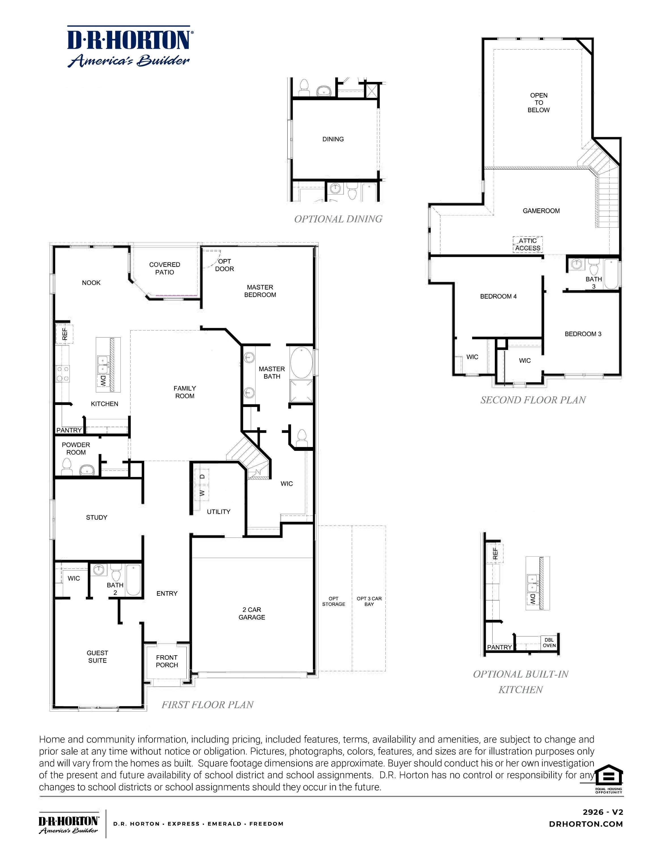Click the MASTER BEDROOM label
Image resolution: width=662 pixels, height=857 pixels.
pyautogui.click(x=260, y=291)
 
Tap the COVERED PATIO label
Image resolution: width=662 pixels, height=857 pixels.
pyautogui.click(x=164, y=268)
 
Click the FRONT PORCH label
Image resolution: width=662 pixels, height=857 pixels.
pyautogui.click(x=167, y=661)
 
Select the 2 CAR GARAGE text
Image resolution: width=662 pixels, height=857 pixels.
pyautogui.click(x=252, y=613)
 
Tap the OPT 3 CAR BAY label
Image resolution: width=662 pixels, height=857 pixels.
pyautogui.click(x=369, y=601)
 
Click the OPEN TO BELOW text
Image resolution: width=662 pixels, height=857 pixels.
pyautogui.click(x=538, y=102)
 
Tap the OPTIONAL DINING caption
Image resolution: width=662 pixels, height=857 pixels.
pyautogui.click(x=338, y=219)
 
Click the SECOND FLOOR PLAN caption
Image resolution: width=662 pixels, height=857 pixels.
pyautogui.click(x=533, y=400)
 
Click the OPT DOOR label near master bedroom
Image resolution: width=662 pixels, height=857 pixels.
pyautogui.click(x=224, y=265)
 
